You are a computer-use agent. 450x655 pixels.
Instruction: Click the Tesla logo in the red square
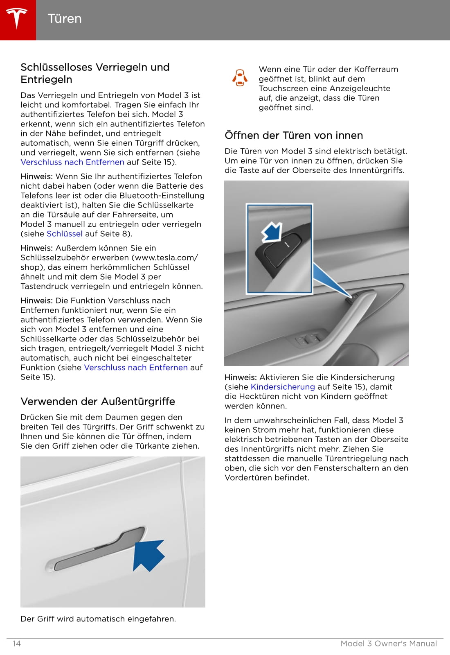point(17,19)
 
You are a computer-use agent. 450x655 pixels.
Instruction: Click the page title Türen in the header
point(65,19)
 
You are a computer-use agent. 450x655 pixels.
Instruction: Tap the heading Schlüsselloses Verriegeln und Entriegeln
point(95,73)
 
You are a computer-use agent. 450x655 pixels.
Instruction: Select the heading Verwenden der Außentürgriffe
point(98,401)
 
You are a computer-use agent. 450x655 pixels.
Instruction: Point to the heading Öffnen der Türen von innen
point(294,135)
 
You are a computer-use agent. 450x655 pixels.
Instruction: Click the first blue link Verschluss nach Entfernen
point(72,162)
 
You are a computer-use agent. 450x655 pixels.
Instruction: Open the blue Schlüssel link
point(65,234)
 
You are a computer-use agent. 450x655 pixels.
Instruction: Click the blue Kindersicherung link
point(283,387)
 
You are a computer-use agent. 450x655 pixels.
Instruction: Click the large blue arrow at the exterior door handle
point(149,554)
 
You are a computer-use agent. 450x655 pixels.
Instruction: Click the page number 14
point(17,644)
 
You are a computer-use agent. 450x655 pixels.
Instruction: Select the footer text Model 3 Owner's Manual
point(389,644)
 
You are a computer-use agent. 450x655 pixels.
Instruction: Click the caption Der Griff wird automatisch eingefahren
point(98,619)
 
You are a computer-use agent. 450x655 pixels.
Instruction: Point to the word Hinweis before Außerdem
point(36,248)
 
